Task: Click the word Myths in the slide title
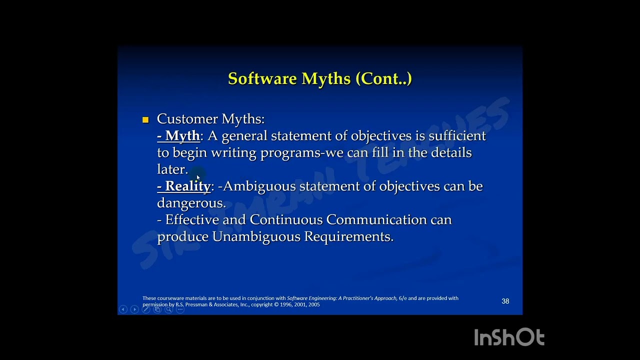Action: (x=326, y=79)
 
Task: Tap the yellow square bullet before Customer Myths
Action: (x=145, y=119)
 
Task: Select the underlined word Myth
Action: (x=182, y=136)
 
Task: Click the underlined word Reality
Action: (x=188, y=186)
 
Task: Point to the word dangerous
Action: (x=191, y=203)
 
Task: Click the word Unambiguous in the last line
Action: (x=256, y=236)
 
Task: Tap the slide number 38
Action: (x=505, y=301)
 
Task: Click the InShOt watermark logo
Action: (x=509, y=337)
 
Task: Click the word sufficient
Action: (x=457, y=136)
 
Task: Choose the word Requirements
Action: (x=349, y=236)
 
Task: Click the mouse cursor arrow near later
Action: (x=198, y=177)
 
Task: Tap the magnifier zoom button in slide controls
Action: (x=168, y=309)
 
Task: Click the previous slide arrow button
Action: (x=123, y=309)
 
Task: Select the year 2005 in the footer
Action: (x=314, y=304)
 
